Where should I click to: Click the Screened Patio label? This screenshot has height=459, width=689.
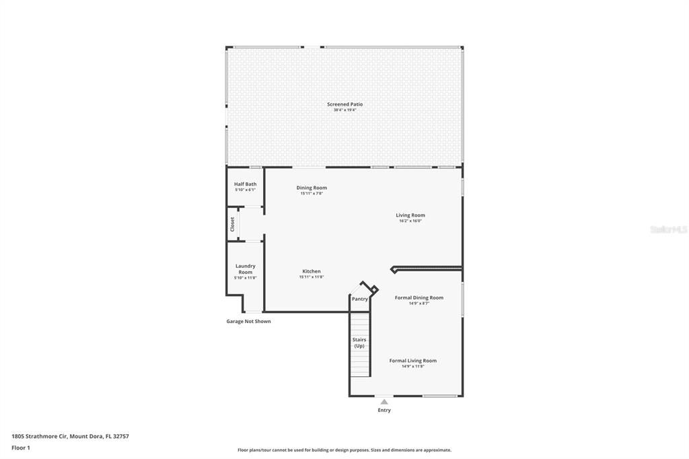(344, 104)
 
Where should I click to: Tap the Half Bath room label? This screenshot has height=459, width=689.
(245, 184)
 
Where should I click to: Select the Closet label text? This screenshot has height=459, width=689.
(233, 224)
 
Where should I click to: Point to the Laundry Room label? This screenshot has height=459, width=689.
(245, 269)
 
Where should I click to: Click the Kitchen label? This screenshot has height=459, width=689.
(311, 271)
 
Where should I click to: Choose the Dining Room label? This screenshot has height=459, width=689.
(312, 188)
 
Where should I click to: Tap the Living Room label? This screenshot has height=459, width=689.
(410, 215)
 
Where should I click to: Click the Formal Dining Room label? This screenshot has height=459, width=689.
(419, 297)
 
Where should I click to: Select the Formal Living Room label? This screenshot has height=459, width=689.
(412, 361)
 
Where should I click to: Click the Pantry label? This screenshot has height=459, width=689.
(360, 299)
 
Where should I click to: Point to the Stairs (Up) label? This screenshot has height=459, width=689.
(359, 343)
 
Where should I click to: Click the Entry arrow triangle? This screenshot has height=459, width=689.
(384, 402)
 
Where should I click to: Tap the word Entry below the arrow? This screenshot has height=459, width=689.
(384, 410)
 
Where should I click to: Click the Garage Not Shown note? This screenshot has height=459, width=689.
(248, 322)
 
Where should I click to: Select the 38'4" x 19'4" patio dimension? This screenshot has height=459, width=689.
(344, 110)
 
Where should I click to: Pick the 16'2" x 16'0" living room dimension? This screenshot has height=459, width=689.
(410, 221)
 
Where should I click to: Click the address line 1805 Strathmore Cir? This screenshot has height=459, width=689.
(70, 436)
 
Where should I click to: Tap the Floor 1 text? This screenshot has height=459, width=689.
(21, 448)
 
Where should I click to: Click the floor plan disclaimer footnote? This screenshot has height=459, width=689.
(344, 450)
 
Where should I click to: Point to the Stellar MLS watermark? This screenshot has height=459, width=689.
(667, 229)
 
